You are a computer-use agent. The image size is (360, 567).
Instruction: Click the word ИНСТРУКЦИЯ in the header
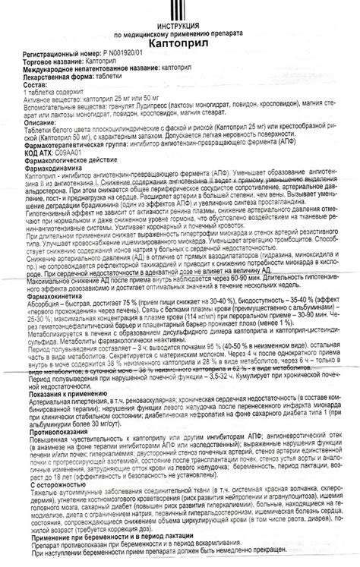(181, 28)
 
